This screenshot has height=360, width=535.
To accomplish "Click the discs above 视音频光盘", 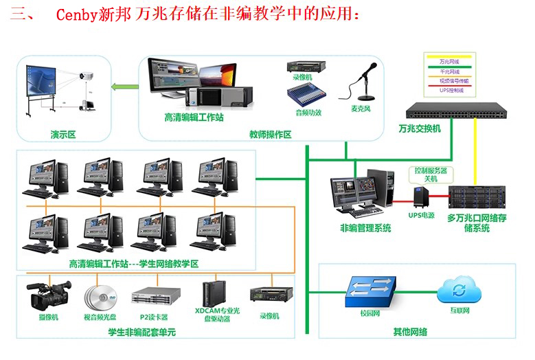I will pyautogui.click(x=100, y=297).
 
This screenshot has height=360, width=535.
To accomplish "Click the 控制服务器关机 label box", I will pyautogui.click(x=429, y=174).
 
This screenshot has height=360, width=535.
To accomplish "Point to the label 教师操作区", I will pyautogui.click(x=271, y=135).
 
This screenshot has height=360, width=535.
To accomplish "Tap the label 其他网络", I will pyautogui.click(x=410, y=332).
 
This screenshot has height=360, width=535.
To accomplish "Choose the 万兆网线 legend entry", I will pyautogui.click(x=451, y=62).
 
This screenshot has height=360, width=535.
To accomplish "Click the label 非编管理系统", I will pyautogui.click(x=365, y=227).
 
